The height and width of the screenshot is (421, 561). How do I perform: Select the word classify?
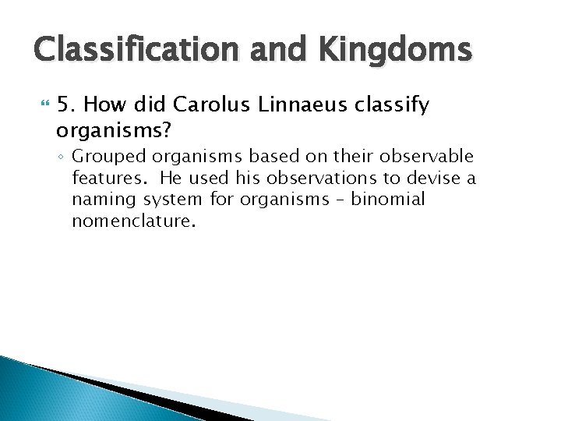coord(394,105)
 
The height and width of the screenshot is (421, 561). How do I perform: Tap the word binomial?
coord(388,200)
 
